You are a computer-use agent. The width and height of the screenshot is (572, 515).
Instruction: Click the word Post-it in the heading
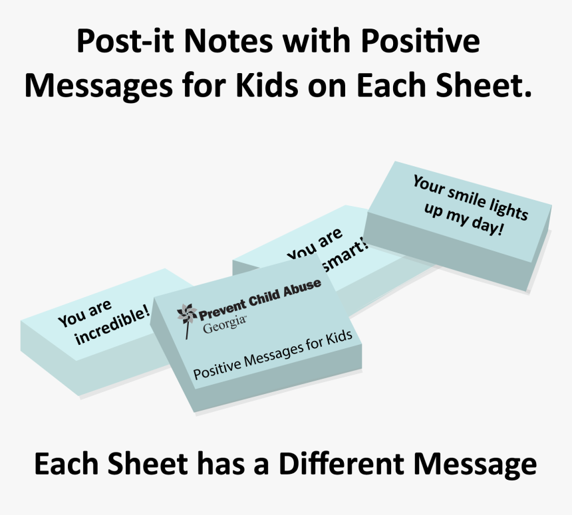point(124,42)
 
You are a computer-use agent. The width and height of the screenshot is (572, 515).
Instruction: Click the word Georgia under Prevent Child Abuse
point(225,326)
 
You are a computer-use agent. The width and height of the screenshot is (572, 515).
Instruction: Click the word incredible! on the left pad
point(113,326)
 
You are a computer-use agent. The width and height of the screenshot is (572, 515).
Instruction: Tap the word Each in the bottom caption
point(64,464)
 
